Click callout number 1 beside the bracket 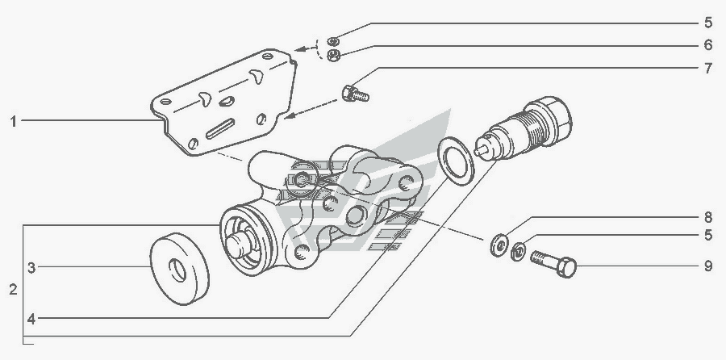(14, 122)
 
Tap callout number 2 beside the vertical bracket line (14, 290)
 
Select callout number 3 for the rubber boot (31, 268)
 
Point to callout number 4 (31, 319)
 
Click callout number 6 (708, 45)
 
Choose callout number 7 (708, 69)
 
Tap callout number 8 (708, 217)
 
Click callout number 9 (708, 266)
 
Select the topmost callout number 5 (708, 23)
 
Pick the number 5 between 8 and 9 (708, 236)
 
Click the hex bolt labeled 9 (553, 264)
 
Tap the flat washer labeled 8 (499, 245)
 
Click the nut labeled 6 (333, 55)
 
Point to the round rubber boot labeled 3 (179, 269)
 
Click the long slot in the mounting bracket (220, 129)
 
